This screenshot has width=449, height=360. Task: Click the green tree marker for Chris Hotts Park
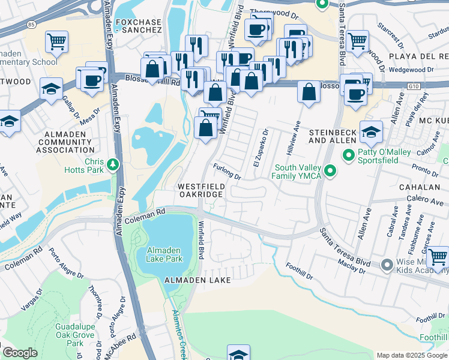[112, 164]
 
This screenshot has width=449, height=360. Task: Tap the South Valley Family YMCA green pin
[330, 172]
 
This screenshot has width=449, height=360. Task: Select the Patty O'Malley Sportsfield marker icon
[348, 156]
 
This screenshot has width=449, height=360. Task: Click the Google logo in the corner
[20, 353]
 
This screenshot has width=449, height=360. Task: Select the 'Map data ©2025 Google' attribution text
[411, 355]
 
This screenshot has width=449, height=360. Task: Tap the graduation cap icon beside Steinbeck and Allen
[371, 130]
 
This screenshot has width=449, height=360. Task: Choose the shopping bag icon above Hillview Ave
[309, 92]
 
